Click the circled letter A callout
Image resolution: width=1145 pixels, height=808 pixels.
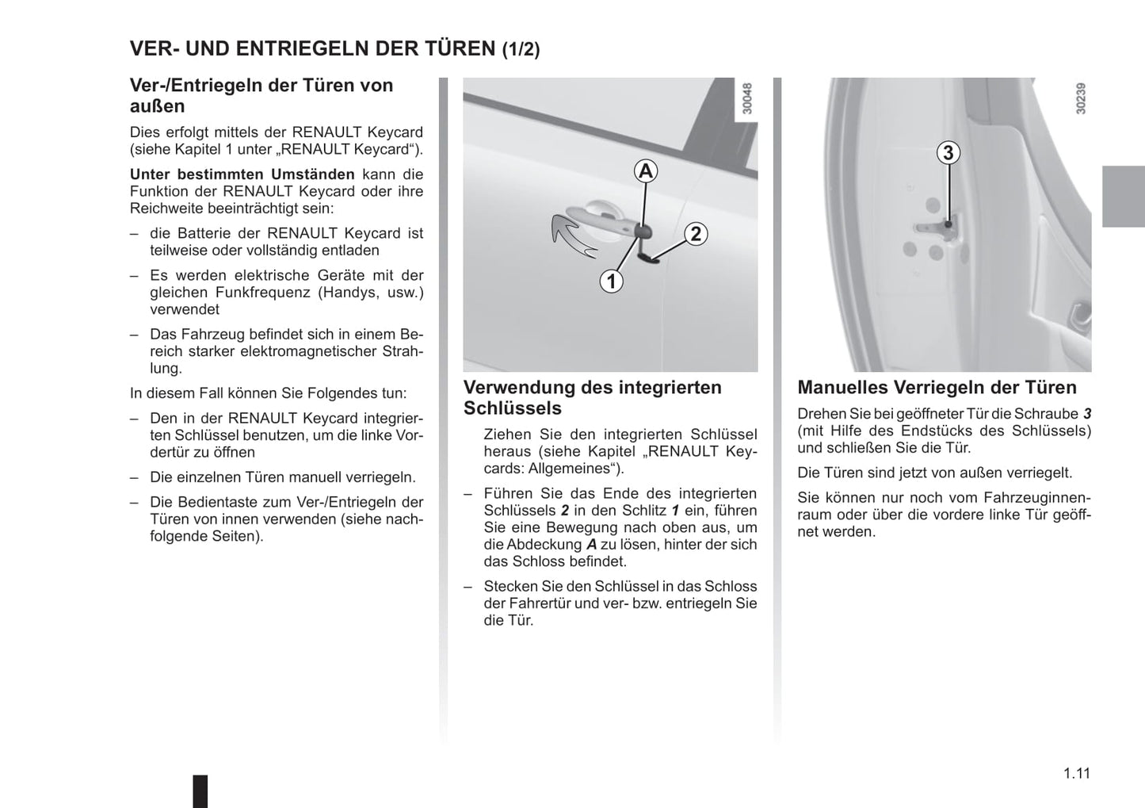pyautogui.click(x=646, y=170)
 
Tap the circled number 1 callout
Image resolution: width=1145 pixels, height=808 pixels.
pyautogui.click(x=611, y=281)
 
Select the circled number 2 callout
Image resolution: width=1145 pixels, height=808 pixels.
pyautogui.click(x=695, y=234)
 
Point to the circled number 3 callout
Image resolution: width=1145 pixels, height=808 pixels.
pyautogui.click(x=948, y=152)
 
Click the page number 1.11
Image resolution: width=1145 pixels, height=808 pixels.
pyautogui.click(x=1076, y=773)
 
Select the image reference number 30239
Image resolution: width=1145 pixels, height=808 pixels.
pyautogui.click(x=1081, y=99)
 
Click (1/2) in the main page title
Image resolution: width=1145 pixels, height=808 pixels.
pyautogui.click(x=521, y=49)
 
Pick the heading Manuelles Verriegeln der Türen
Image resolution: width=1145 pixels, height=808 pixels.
pyautogui.click(x=937, y=388)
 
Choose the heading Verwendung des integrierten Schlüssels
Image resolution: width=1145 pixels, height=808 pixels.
pyautogui.click(x=593, y=397)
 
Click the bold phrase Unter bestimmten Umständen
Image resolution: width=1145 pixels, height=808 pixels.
pyautogui.click(x=242, y=174)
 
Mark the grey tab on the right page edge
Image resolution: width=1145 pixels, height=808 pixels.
pyautogui.click(x=1123, y=197)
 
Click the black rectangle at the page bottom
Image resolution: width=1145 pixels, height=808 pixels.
pyautogui.click(x=200, y=791)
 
